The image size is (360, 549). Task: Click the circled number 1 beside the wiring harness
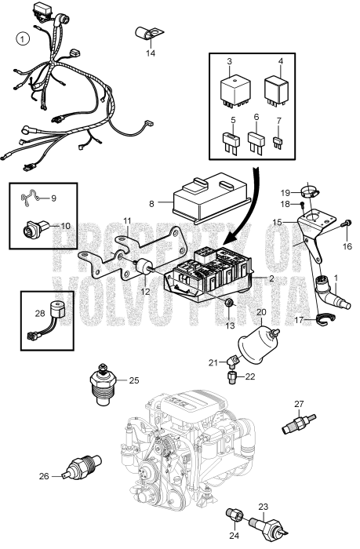(x=24, y=38)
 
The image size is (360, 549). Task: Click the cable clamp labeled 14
(x=149, y=34)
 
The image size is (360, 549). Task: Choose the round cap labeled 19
(x=310, y=191)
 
